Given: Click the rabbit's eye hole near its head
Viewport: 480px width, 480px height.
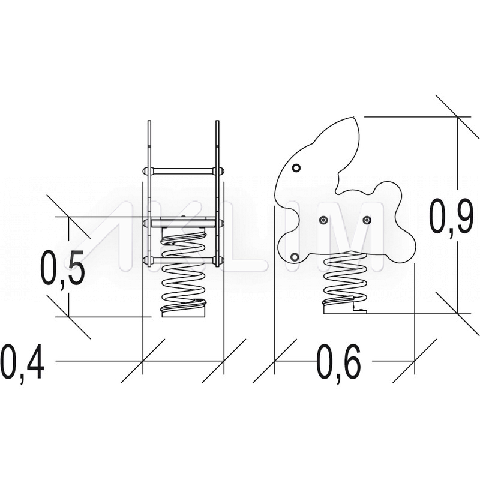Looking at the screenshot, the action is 296,167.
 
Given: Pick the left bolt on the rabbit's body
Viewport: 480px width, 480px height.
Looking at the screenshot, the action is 323,220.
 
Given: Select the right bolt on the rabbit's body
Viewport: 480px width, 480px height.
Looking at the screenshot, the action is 367,220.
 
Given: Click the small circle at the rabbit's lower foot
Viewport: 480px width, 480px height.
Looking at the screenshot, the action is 295,257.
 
